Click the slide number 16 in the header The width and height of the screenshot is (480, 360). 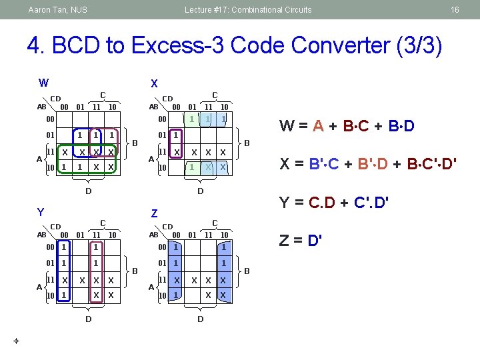pos(455,10)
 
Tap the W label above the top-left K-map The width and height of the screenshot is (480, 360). pos(43,83)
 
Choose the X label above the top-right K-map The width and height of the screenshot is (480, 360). pos(154,83)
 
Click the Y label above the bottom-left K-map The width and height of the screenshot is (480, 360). pos(40,213)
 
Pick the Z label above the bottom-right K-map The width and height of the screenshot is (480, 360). pos(154,213)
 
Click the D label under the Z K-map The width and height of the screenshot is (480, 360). pos(200,319)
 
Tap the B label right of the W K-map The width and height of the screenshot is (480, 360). pos(135,142)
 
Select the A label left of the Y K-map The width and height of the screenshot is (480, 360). pos(38,287)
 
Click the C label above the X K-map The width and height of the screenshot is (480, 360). pos(215,95)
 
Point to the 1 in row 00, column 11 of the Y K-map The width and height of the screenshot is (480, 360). pos(96,247)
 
